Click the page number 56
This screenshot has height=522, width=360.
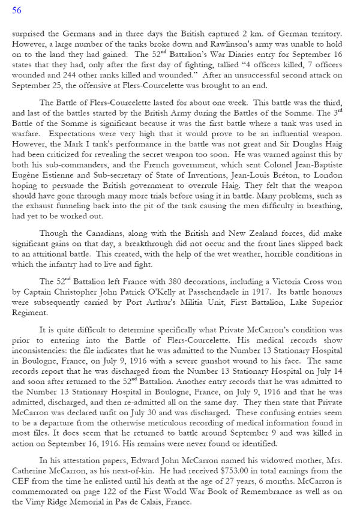tap(17, 10)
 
